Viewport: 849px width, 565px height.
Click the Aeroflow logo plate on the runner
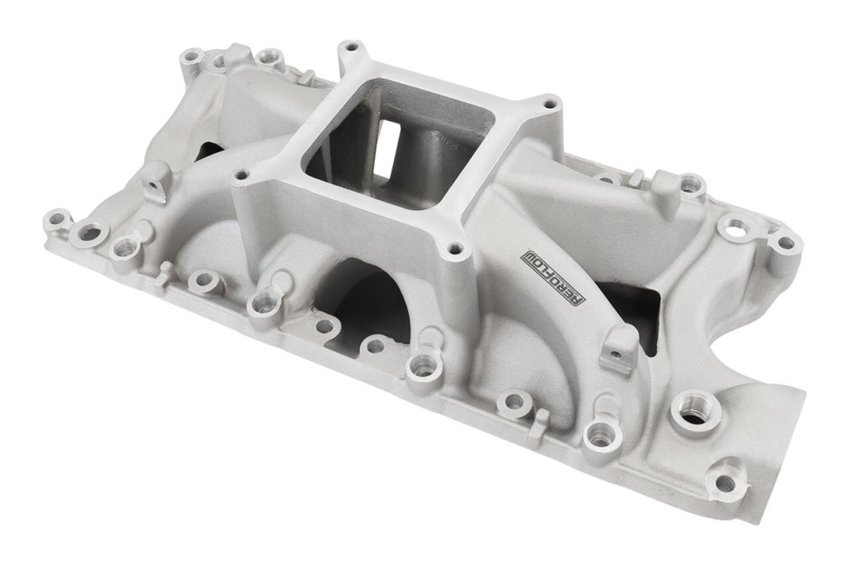(x=551, y=278)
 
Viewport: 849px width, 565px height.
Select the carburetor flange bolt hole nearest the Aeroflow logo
(x=456, y=250)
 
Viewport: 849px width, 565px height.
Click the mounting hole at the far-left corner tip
(x=56, y=220)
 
